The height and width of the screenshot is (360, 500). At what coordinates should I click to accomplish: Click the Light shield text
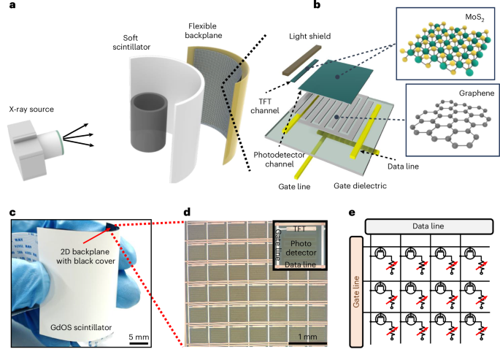tap(301, 35)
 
